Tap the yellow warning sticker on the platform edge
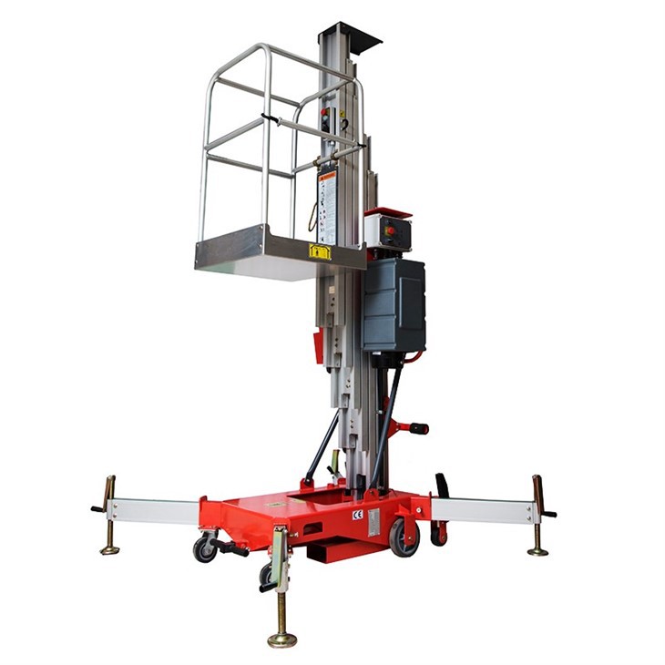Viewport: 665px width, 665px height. [320, 251]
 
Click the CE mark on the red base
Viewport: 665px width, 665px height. [357, 515]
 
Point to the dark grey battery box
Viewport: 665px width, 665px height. [394, 304]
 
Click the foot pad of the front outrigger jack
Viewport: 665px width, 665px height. [282, 639]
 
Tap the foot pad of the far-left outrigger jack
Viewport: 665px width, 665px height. [110, 548]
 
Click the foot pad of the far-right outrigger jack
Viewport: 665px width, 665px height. [538, 550]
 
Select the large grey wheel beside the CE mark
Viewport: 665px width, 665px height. [403, 537]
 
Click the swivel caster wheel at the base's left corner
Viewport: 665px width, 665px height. [204, 548]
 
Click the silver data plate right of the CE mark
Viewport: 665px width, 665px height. [373, 522]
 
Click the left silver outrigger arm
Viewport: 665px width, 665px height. [155, 511]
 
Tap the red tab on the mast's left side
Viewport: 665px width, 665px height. [318, 347]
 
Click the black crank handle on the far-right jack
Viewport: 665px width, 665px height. [548, 513]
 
